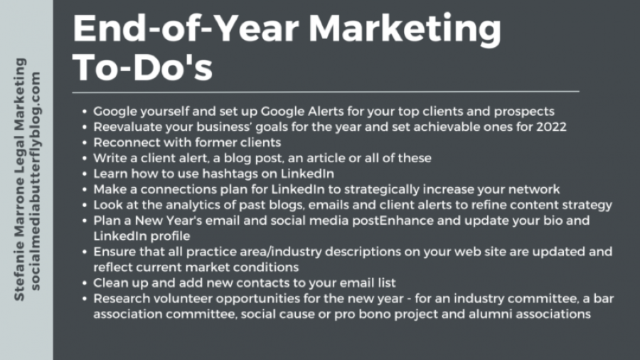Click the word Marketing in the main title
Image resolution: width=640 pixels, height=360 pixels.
coord(405,29)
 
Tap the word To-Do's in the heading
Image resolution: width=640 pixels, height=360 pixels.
coord(142,68)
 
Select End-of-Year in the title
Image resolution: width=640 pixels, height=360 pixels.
coord(186,28)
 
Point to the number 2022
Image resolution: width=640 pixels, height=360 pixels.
coord(551,127)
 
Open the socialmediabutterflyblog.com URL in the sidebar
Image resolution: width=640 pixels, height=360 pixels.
coord(36,181)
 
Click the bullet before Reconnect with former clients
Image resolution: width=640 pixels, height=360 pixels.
coord(85,143)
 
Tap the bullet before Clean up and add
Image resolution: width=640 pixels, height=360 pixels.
coord(85,283)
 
